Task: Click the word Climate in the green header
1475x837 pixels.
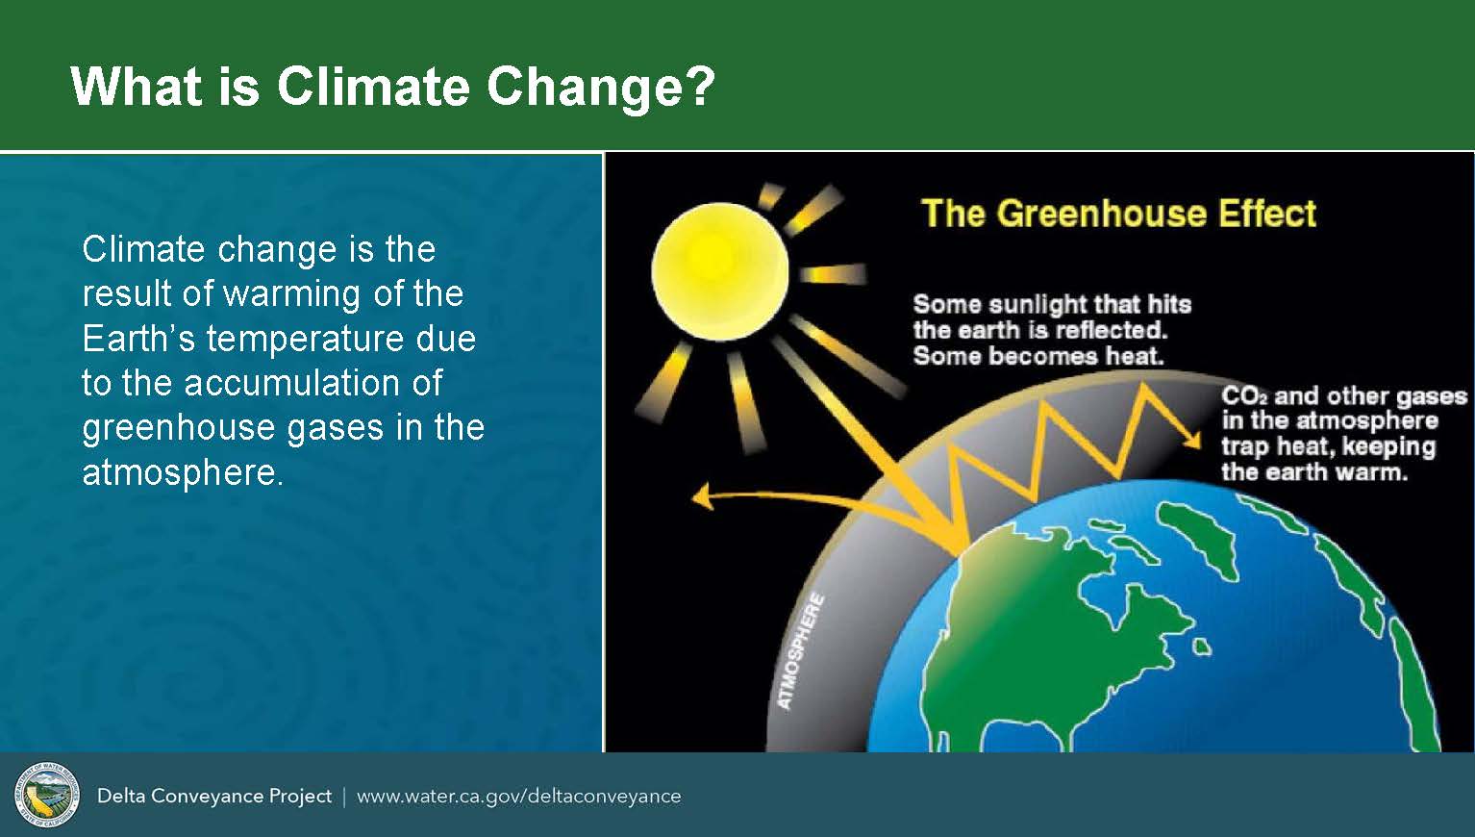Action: pos(373,86)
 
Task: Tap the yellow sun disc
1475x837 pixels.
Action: pos(720,271)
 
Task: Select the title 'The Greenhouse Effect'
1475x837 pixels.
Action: pos(1119,214)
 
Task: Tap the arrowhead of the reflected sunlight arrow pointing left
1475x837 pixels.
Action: pos(702,495)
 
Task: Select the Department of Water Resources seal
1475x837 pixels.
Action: pos(47,795)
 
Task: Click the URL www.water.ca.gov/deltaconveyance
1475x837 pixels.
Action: pos(519,797)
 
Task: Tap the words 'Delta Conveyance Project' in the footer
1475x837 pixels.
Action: pos(214,797)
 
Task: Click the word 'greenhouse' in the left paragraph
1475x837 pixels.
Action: pos(179,428)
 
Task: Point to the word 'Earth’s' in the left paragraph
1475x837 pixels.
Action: pos(138,339)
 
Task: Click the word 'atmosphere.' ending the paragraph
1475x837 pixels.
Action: pos(183,472)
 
